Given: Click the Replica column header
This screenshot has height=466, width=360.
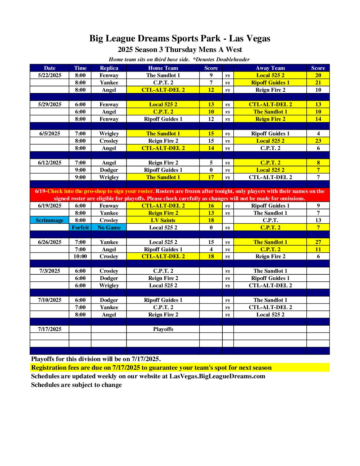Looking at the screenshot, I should (109, 68).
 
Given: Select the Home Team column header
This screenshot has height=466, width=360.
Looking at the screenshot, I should (163, 68).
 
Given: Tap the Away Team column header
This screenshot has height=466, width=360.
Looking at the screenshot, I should (270, 68).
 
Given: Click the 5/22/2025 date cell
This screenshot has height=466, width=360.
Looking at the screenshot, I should (50, 75).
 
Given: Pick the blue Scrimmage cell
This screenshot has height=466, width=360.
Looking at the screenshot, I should (50, 220).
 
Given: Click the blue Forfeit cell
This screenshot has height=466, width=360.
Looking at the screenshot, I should (80, 227).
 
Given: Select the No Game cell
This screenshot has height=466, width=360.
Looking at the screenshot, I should (109, 227).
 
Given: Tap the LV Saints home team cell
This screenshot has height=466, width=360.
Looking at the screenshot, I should (163, 220).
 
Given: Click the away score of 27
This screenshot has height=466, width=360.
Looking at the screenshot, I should (318, 242).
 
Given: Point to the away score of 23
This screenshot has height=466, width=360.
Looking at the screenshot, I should (318, 141).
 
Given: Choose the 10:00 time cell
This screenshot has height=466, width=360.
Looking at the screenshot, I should (80, 256).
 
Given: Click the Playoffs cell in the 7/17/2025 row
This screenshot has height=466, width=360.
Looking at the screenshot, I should (163, 329).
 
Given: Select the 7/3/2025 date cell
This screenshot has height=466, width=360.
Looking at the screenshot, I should (50, 271).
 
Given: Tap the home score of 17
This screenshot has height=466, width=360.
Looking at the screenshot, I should (211, 177).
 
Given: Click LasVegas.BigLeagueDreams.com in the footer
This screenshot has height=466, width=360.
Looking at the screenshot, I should (217, 376).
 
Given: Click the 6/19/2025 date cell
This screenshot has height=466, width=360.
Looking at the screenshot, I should (50, 206).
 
